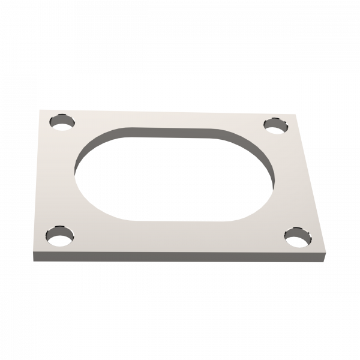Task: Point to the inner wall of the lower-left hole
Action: (61, 231)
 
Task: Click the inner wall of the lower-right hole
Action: (296, 232)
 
